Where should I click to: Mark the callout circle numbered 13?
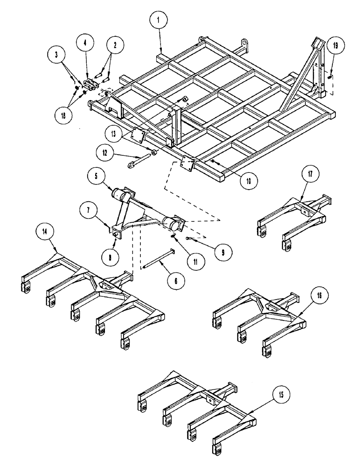[114, 133]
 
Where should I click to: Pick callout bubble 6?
[175, 281]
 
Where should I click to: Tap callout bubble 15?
[280, 395]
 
